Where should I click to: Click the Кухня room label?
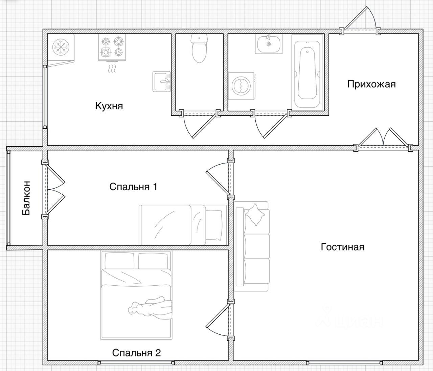coord(109,106)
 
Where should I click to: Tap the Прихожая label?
coord(371,84)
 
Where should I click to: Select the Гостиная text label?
coord(342,247)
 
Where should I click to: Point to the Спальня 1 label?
coord(133,187)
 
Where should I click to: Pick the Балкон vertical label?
coord(26,198)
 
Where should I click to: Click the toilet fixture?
coord(199,48)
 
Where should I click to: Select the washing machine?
coord(242,86)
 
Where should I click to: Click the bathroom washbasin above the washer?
coord(269,44)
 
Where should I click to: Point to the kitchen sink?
coord(161,82)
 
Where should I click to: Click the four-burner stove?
coord(112,48)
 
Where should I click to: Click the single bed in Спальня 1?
coord(183,225)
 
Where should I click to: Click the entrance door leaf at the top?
coord(356,18)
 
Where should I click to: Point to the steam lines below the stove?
coord(112,69)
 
